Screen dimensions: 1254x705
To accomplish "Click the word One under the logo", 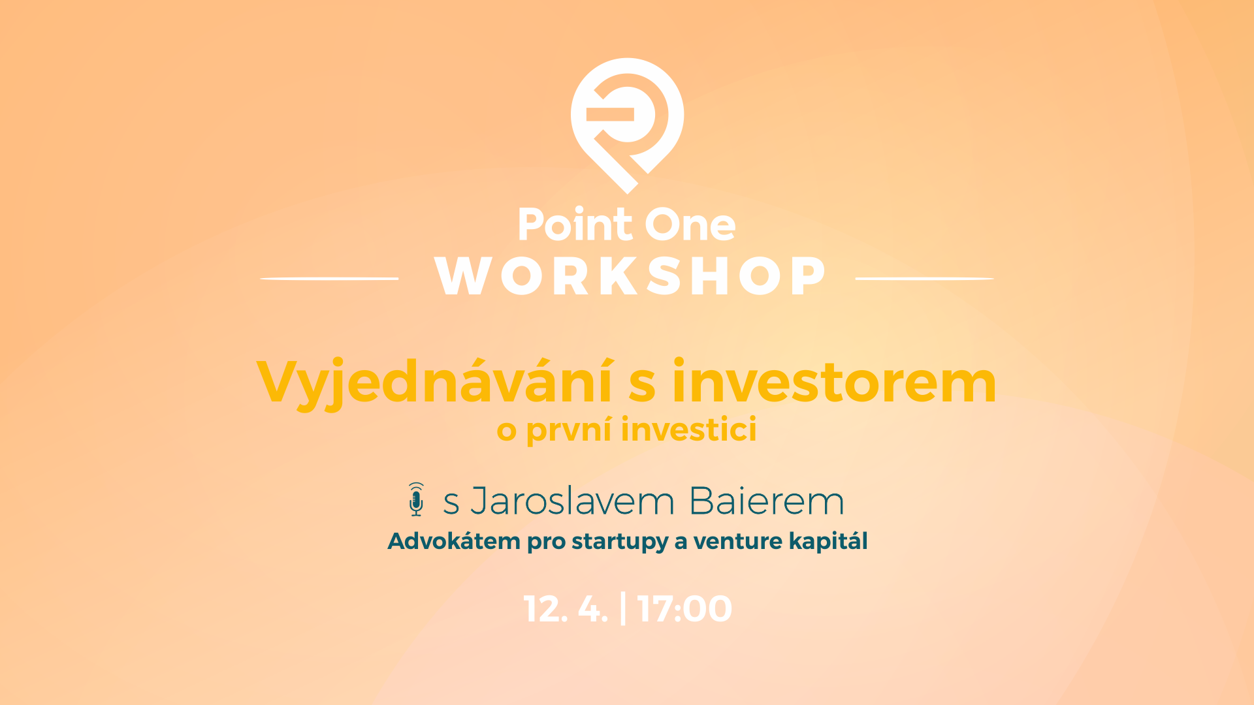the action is point(690,225).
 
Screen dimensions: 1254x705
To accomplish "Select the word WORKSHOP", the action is point(630,275).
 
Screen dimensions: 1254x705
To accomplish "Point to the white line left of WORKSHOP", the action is point(330,279).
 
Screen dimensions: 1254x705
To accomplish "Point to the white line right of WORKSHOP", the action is point(924,279).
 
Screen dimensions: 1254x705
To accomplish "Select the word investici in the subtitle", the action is point(689,430).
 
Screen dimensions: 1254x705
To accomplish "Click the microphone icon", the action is point(416,500).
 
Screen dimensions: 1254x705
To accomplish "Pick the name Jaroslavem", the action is point(572,501).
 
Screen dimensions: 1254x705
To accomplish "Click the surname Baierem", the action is point(767,501).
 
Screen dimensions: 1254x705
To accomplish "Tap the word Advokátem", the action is point(454,541).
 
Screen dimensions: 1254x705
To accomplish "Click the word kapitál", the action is point(828,542).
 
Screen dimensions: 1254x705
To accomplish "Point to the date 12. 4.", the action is point(566,609).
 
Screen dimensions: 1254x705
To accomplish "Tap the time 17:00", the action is point(684,609).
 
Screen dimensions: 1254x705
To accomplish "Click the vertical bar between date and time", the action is point(623,608).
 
